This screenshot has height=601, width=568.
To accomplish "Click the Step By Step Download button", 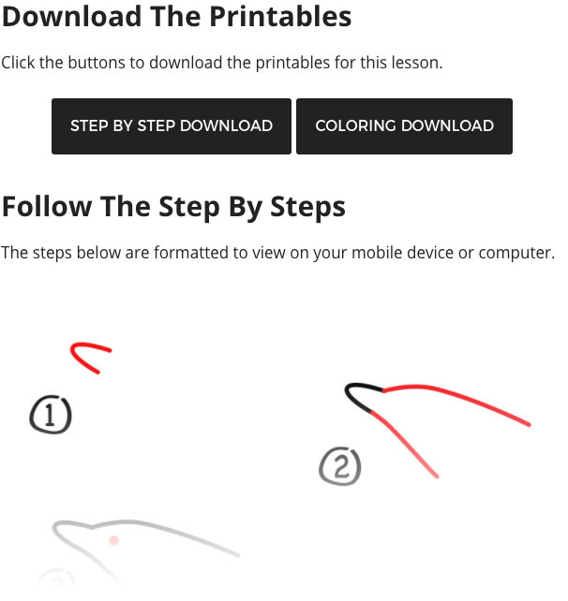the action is (172, 126).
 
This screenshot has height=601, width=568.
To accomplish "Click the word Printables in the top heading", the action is (280, 17).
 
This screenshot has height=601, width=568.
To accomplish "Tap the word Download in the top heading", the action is (72, 17).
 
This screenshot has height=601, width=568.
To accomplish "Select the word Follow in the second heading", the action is (47, 207).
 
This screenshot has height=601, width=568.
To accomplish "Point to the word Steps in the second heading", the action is (307, 208).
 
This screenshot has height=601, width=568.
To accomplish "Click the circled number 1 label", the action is (51, 415).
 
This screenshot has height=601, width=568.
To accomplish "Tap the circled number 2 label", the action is (340, 466).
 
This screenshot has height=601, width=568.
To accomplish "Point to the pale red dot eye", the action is (113, 540).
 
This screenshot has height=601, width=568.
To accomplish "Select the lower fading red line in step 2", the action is (404, 444).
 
